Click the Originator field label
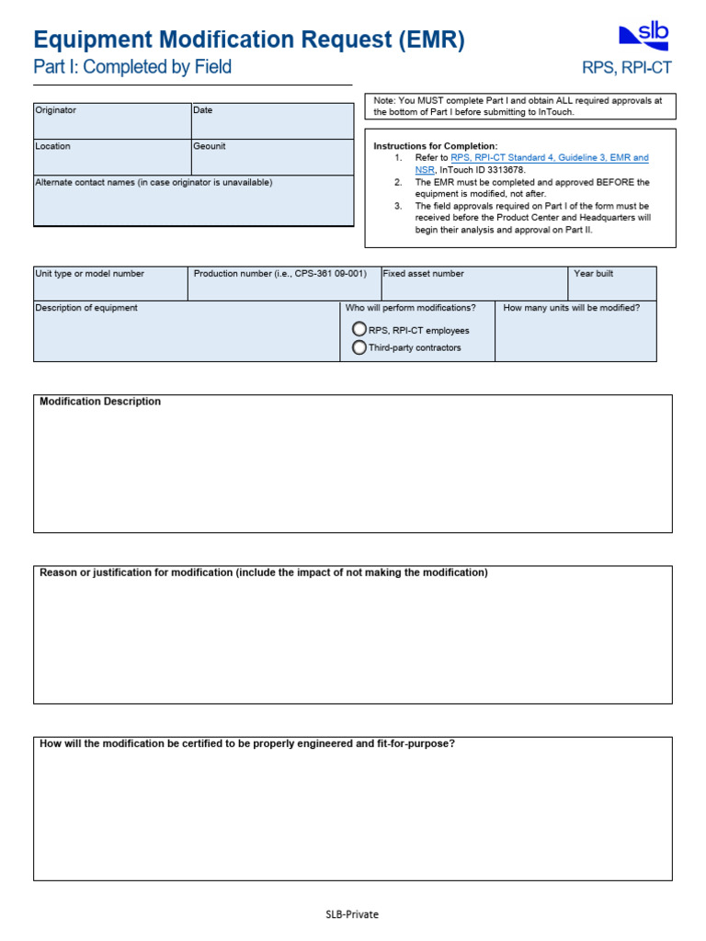(56, 110)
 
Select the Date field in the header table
(271, 120)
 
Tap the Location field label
(52, 146)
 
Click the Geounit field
(271, 157)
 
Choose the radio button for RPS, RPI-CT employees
(359, 329)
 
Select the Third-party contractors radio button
(359, 347)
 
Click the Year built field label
(593, 274)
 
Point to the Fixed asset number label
(423, 274)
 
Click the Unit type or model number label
(89, 274)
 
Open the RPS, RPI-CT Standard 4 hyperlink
(549, 158)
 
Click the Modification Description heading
(100, 402)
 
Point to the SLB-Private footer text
(352, 914)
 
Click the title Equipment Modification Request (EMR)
(249, 40)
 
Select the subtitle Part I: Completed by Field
(132, 67)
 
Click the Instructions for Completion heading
(435, 146)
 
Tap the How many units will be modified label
(572, 308)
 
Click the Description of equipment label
(86, 308)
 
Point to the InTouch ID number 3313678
(497, 170)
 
